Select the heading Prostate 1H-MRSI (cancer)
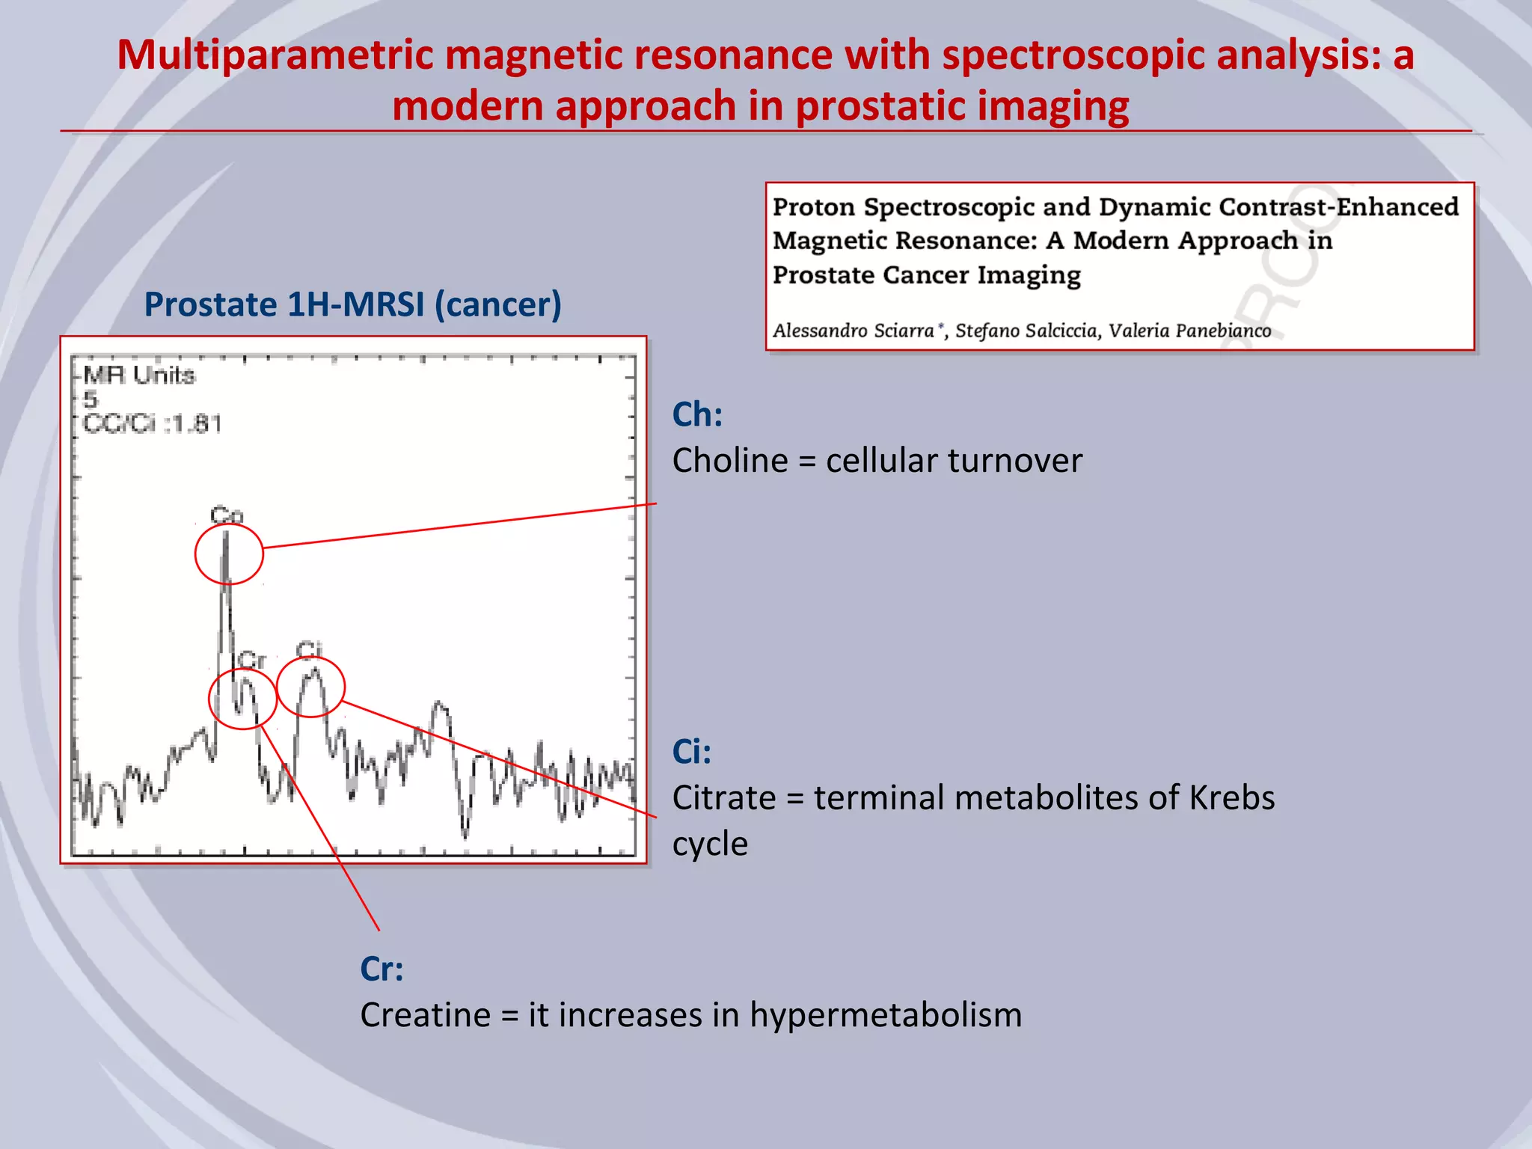coord(352,304)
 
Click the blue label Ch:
coord(697,414)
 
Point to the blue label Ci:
coord(691,752)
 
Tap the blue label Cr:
coord(382,969)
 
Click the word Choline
coord(729,461)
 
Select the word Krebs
coord(1231,797)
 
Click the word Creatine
coord(425,1016)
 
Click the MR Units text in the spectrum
coord(139,375)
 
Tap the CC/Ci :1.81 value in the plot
coord(153,424)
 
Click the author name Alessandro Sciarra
coord(854,331)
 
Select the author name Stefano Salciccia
coord(1026,331)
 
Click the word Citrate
coord(723,797)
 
